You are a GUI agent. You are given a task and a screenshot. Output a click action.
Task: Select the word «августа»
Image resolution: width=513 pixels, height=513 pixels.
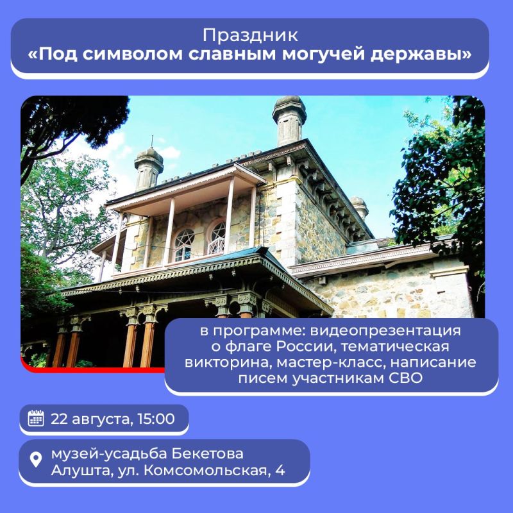100,419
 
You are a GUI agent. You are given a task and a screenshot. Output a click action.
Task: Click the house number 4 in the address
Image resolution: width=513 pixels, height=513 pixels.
280,472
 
